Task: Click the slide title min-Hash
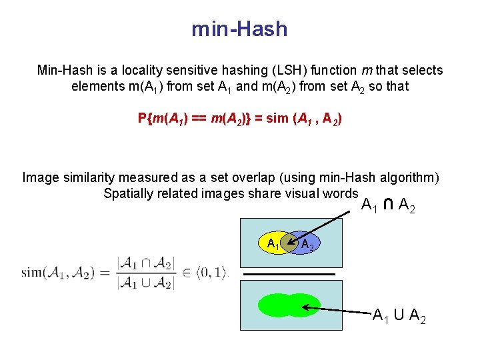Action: [x=239, y=29]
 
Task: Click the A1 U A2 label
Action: [x=399, y=316]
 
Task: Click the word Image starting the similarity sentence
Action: [x=40, y=177]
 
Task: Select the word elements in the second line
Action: [x=94, y=86]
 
